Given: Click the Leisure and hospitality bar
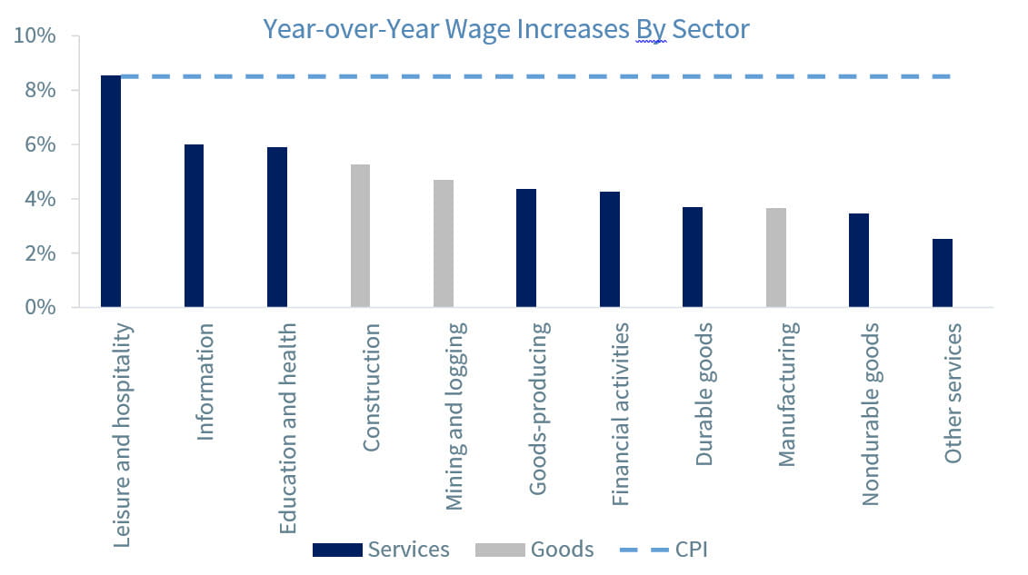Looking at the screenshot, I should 111,192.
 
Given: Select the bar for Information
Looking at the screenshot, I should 195,226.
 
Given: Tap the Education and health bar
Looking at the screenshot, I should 277,227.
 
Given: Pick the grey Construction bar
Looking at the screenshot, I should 360,236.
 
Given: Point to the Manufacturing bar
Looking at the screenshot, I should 776,258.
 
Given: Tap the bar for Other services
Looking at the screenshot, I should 943,273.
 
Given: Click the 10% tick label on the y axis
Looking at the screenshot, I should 35,37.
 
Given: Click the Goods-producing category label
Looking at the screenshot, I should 537,408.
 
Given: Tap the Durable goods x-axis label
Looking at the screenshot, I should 704,394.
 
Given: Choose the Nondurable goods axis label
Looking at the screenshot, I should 870,413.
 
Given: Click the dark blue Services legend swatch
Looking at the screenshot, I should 336,550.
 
